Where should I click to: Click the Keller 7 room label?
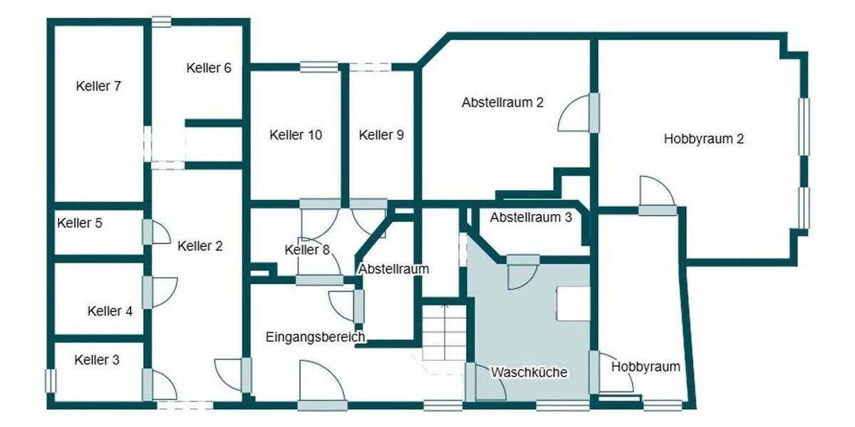pyautogui.click(x=98, y=87)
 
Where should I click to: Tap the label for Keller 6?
pyautogui.click(x=209, y=68)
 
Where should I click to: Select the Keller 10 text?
pyautogui.click(x=296, y=135)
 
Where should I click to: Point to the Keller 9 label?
pyautogui.click(x=381, y=135)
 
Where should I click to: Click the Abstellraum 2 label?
pyautogui.click(x=503, y=102)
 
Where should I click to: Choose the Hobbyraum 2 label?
pyautogui.click(x=704, y=139)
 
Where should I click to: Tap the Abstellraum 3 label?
pyautogui.click(x=531, y=218)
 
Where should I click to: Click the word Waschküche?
pyautogui.click(x=529, y=372)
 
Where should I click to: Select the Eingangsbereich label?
pyautogui.click(x=316, y=337)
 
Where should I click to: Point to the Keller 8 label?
pyautogui.click(x=307, y=250)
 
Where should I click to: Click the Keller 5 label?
pyautogui.click(x=80, y=223)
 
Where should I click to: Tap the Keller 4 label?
pyautogui.click(x=110, y=311)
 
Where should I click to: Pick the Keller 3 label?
pyautogui.click(x=97, y=360)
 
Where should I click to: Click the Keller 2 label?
pyautogui.click(x=199, y=247)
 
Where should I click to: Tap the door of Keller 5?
pyautogui.click(x=157, y=232)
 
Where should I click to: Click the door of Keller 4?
pyautogui.click(x=161, y=292)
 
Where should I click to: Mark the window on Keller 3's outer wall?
pyautogui.click(x=50, y=379)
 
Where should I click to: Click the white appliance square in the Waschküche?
pyautogui.click(x=574, y=303)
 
